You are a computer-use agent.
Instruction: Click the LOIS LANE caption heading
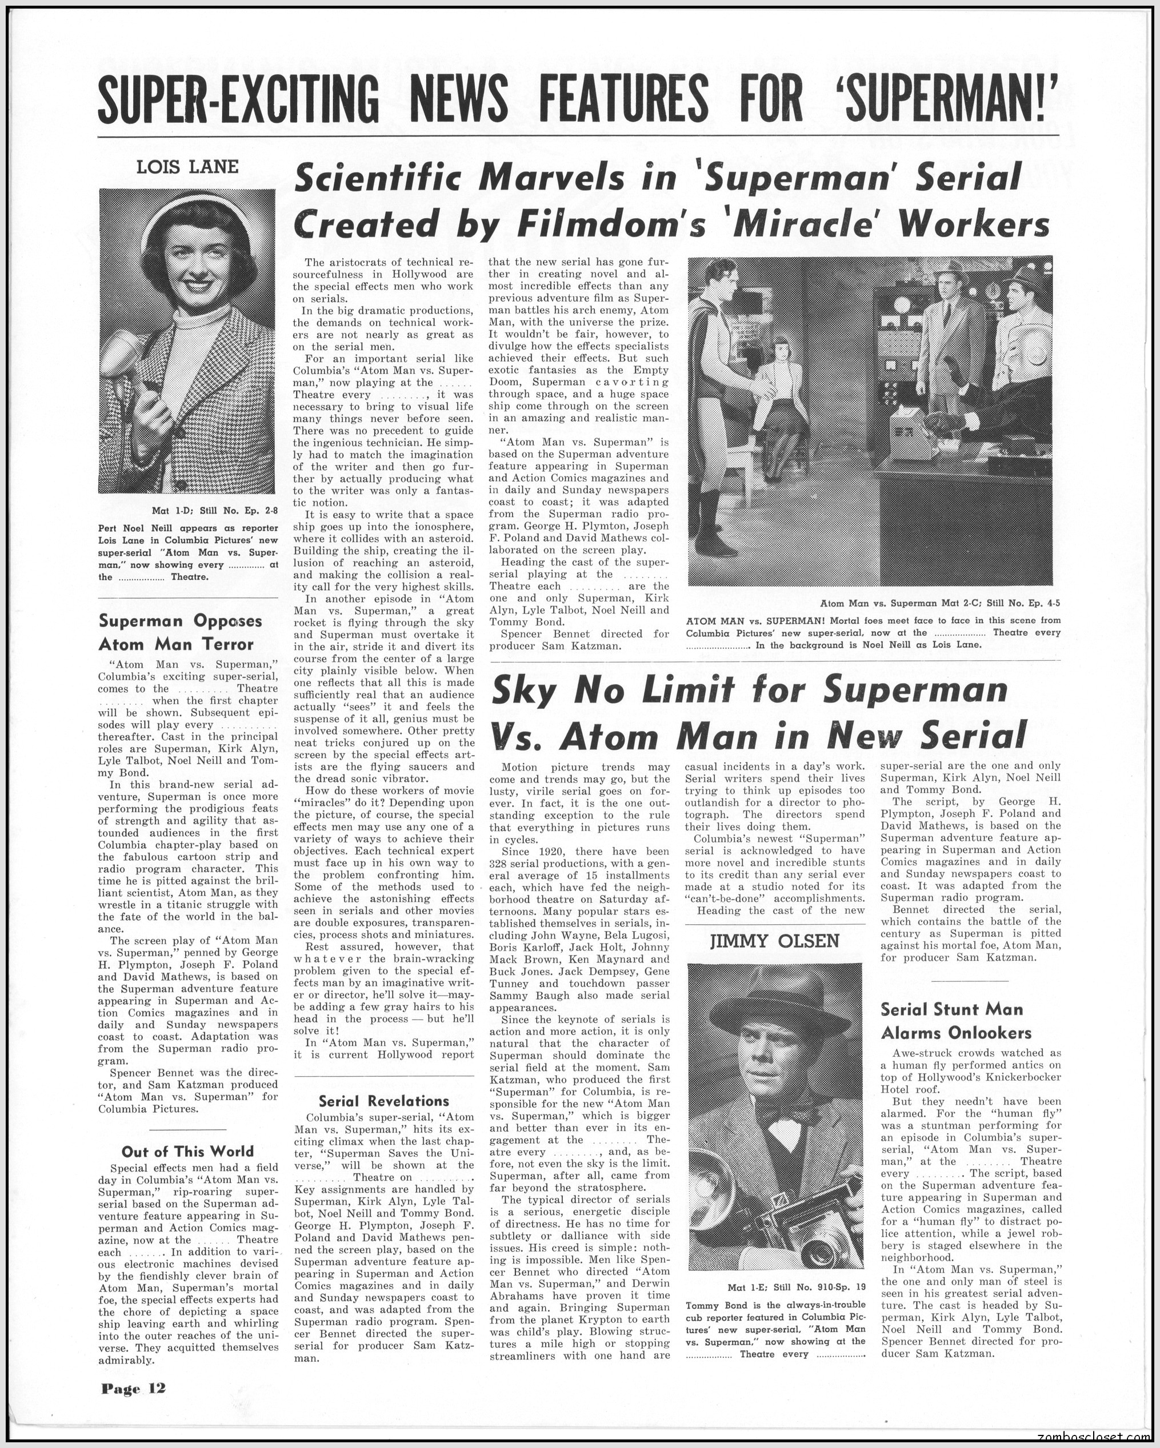click(187, 167)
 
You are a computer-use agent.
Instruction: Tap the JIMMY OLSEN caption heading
click(774, 940)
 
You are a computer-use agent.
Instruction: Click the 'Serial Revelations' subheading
click(383, 1100)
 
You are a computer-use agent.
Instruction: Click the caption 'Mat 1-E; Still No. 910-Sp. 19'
click(795, 1287)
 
